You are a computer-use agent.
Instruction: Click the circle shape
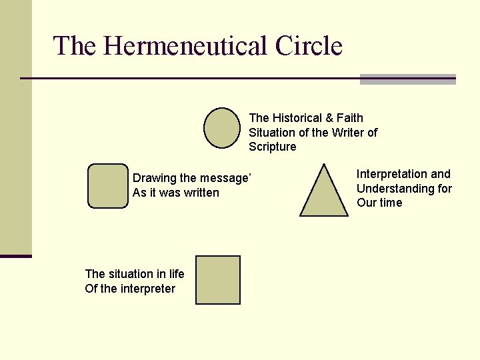[222, 127]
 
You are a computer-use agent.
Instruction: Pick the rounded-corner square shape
[107, 186]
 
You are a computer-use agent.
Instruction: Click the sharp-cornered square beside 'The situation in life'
[218, 280]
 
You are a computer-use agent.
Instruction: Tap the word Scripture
[273, 147]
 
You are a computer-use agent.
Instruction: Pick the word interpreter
[149, 289]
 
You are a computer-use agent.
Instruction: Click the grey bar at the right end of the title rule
[407, 79]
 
